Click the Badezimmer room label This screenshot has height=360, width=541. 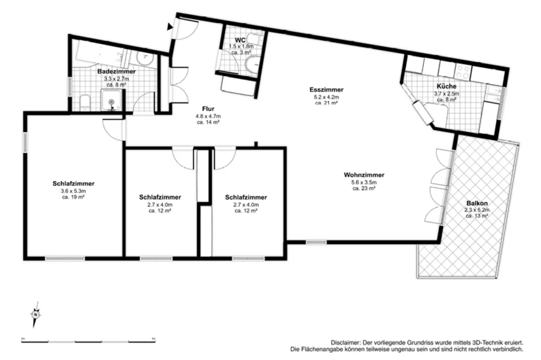coord(116,71)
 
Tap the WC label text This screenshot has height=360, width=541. coord(240,40)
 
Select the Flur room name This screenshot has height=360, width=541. coord(208,109)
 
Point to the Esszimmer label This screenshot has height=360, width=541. coord(326,90)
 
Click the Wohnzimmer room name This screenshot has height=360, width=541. coord(364,175)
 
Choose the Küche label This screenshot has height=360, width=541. coord(446,86)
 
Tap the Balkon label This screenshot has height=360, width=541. coord(477,203)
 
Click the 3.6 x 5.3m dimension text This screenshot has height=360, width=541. coord(73,191)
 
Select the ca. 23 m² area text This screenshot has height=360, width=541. coord(364,188)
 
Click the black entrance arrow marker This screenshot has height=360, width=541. coord(170,26)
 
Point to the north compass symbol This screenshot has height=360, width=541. coord(35,314)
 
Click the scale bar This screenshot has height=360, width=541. coord(88,341)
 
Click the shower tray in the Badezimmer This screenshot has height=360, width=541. coord(111,101)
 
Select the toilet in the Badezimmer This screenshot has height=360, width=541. coord(85,102)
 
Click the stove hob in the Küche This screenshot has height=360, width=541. coord(463,71)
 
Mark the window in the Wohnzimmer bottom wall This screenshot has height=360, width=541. coord(316,243)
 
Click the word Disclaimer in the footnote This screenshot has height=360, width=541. coord(345,343)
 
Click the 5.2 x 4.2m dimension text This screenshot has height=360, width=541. coord(326,96)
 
